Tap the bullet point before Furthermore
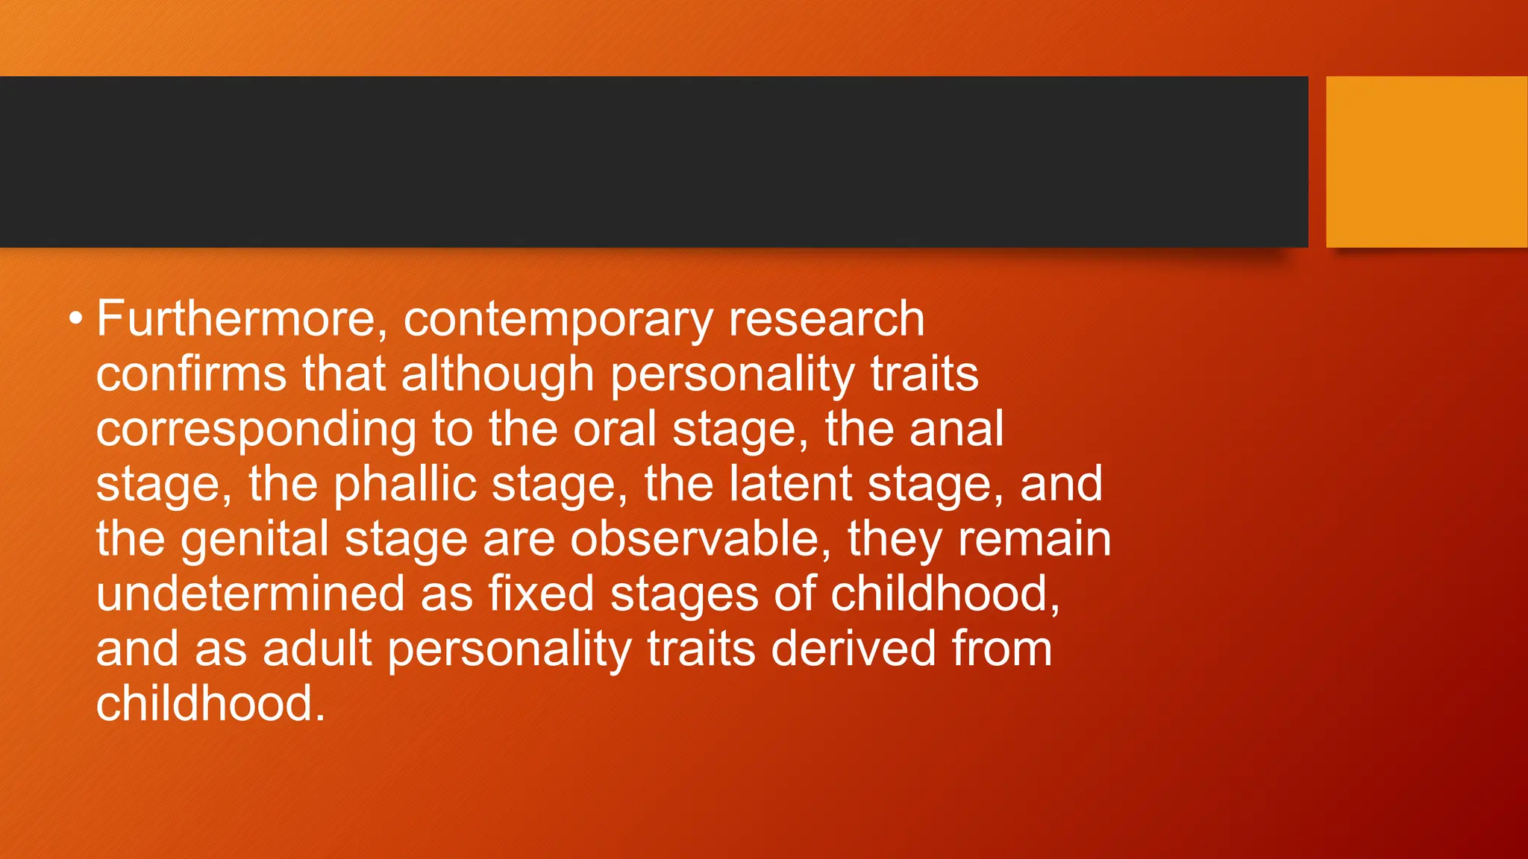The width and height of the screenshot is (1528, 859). [75, 319]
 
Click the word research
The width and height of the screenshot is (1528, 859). [826, 319]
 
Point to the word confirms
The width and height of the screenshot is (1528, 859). [191, 374]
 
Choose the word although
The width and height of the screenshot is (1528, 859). [497, 375]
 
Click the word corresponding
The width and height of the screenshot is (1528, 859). [256, 430]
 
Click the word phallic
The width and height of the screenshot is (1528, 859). [404, 485]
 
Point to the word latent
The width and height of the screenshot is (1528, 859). [790, 483]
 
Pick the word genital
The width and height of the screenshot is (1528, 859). [254, 540]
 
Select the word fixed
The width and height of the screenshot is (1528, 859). [541, 594]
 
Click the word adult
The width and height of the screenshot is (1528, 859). [317, 649]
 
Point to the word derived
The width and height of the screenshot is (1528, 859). [853, 649]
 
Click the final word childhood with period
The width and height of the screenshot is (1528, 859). [210, 704]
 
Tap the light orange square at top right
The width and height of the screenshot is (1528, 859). [1426, 161]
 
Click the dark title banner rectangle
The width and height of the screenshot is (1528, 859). [654, 161]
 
